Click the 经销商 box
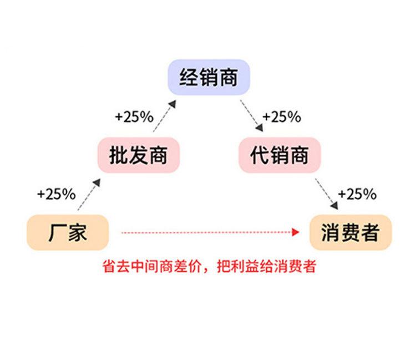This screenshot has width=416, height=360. pos(209,78)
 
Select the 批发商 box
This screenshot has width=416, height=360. pos(139,155)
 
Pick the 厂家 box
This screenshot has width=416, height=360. pos(67,232)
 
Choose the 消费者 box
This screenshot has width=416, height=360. pos(349,232)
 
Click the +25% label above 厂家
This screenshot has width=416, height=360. pos(56,194)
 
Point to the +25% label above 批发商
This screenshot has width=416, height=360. pos(134,116)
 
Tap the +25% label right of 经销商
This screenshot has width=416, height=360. pos(282,116)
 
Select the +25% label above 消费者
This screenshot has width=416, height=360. pos(357,194)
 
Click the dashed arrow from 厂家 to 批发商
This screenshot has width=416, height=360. pos(88,194)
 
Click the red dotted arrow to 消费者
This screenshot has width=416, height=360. pos(205,232)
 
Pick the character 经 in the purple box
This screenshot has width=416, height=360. pos(189,78)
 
